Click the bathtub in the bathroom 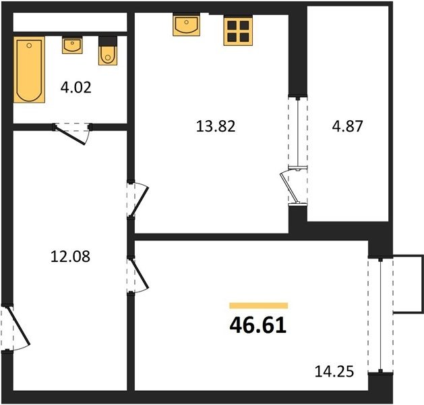tap(29, 70)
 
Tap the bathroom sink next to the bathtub tap(72, 45)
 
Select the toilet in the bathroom tap(108, 51)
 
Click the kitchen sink tap(186, 25)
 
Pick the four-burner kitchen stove tap(238, 31)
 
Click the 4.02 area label tap(76, 88)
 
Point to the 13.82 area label tap(216, 126)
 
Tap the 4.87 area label tap(347, 126)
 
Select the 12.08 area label tap(70, 256)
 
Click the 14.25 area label tap(334, 371)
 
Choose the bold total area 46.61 tap(258, 325)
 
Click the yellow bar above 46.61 tap(258, 306)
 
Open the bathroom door tap(73, 134)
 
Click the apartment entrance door tap(15, 328)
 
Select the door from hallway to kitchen tap(138, 199)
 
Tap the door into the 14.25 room tap(138, 275)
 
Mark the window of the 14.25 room tap(380, 315)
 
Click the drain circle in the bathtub tap(29, 45)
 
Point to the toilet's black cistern tap(108, 41)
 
